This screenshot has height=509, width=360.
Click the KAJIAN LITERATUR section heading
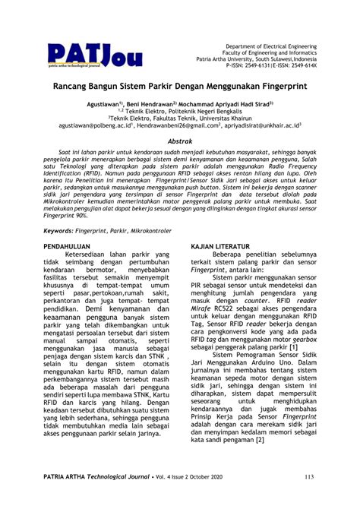[x=220, y=248]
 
